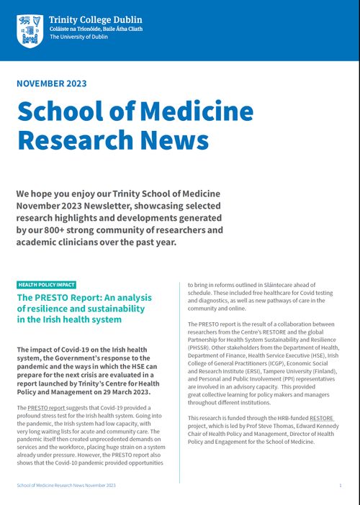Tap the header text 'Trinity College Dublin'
click(95, 19)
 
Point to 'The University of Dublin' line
click(79, 37)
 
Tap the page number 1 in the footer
click(340, 486)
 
